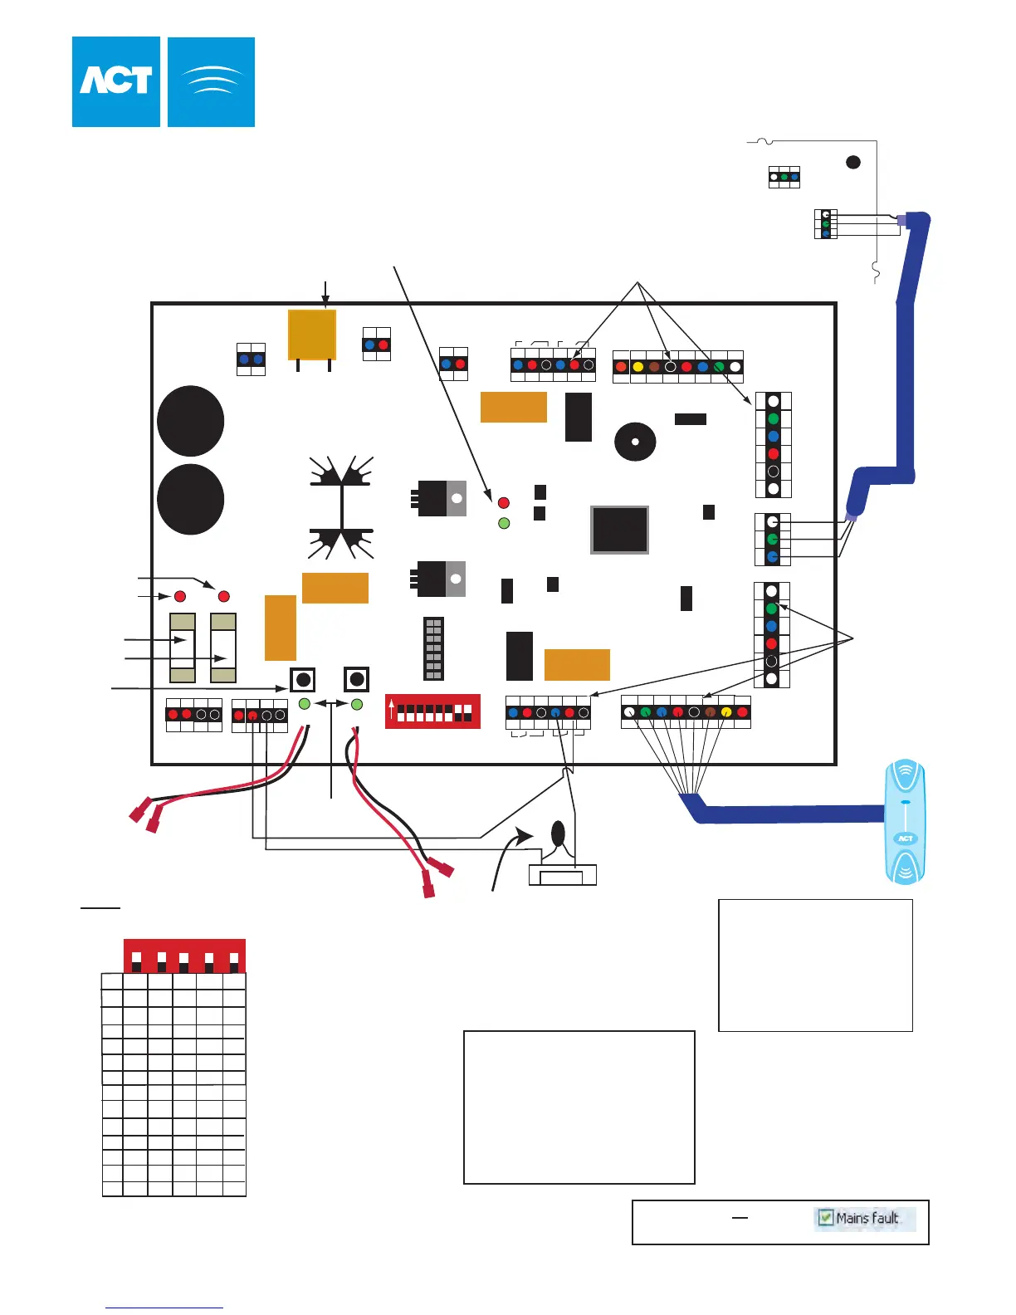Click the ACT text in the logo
coord(116,81)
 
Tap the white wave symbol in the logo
coord(212,81)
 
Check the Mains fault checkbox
coord(826,1218)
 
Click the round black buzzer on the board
coord(635,442)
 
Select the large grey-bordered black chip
coord(619,530)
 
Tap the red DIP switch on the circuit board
coord(432,711)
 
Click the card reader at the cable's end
coord(905,822)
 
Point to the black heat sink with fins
coord(341,506)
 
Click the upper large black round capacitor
coord(191,421)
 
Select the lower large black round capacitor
coord(191,499)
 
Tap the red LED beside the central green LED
coord(503,503)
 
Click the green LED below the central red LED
coord(503,523)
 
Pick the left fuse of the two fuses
coord(183,648)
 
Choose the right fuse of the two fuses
coord(223,648)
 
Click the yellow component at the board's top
coord(312,335)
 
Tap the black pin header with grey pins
coord(433,648)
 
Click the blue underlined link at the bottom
coord(164,1308)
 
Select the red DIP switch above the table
coord(184,956)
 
